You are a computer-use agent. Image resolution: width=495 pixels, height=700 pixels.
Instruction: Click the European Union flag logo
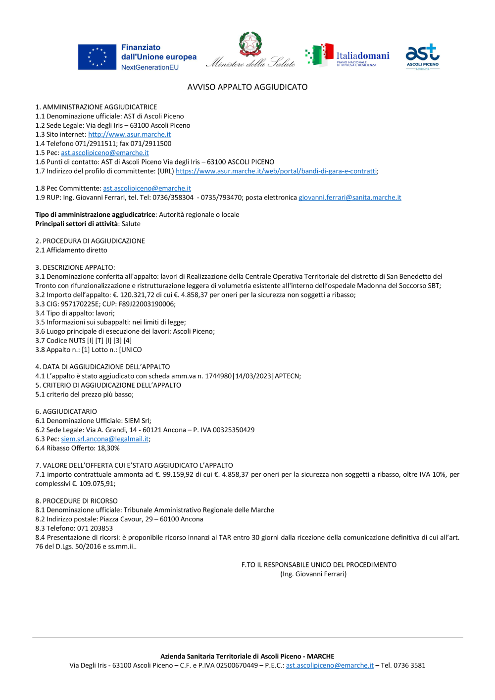[97, 57]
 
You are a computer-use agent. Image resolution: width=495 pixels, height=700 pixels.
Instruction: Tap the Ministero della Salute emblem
[250, 44]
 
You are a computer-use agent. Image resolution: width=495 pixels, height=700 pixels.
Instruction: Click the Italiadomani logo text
[362, 56]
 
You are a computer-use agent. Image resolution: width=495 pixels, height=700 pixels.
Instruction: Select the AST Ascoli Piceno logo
[422, 56]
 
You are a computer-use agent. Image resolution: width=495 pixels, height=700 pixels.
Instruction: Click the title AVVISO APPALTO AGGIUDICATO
[247, 87]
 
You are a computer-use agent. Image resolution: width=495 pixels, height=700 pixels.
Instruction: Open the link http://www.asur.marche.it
[129, 135]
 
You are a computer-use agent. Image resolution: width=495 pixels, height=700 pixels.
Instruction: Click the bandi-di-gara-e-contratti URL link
[276, 171]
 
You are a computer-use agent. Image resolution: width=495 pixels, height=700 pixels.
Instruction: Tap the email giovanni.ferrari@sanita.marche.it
[349, 198]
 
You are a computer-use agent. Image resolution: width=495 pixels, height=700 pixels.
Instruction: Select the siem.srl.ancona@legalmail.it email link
[104, 439]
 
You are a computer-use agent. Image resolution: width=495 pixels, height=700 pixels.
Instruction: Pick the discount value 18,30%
[108, 449]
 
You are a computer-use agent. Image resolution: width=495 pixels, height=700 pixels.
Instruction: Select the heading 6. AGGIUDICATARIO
[66, 412]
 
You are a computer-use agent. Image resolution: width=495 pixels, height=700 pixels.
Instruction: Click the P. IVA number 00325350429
[234, 430]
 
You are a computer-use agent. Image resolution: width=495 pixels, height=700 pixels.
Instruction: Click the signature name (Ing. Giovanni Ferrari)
[313, 574]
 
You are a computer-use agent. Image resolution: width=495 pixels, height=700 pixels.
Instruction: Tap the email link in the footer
[330, 666]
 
